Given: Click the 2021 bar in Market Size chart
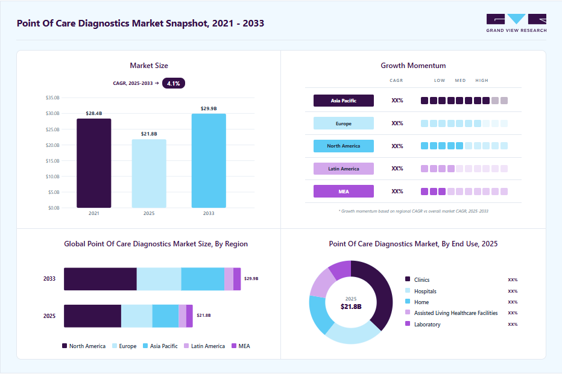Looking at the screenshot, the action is pos(94,163).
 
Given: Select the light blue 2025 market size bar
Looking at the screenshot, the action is pos(149,173).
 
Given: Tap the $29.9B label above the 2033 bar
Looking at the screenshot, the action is pos(209,108).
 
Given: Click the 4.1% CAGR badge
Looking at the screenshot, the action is pos(174,83).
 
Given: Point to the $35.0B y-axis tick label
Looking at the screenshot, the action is pos(52,98).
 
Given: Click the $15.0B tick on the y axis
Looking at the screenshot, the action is pos(52,161).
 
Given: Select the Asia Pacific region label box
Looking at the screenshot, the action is pos(344,101).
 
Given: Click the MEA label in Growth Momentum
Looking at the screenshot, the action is pos(344,192).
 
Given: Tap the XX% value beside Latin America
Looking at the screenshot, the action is pos(397,169).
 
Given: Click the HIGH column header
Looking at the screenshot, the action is pos(482,81).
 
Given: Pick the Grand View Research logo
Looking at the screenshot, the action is pos(517,23).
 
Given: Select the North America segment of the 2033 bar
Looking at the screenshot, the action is pos(100,279).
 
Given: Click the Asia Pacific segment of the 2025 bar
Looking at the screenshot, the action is pos(166,316).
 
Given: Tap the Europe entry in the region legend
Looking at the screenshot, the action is pos(124,346).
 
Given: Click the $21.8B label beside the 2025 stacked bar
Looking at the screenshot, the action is pos(204,316).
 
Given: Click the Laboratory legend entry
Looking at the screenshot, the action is pos(423,324).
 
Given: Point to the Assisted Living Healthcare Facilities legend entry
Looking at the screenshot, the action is pos(452,313).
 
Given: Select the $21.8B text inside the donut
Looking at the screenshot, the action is pos(351,307).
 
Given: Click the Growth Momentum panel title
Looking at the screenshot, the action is pos(413,66).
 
